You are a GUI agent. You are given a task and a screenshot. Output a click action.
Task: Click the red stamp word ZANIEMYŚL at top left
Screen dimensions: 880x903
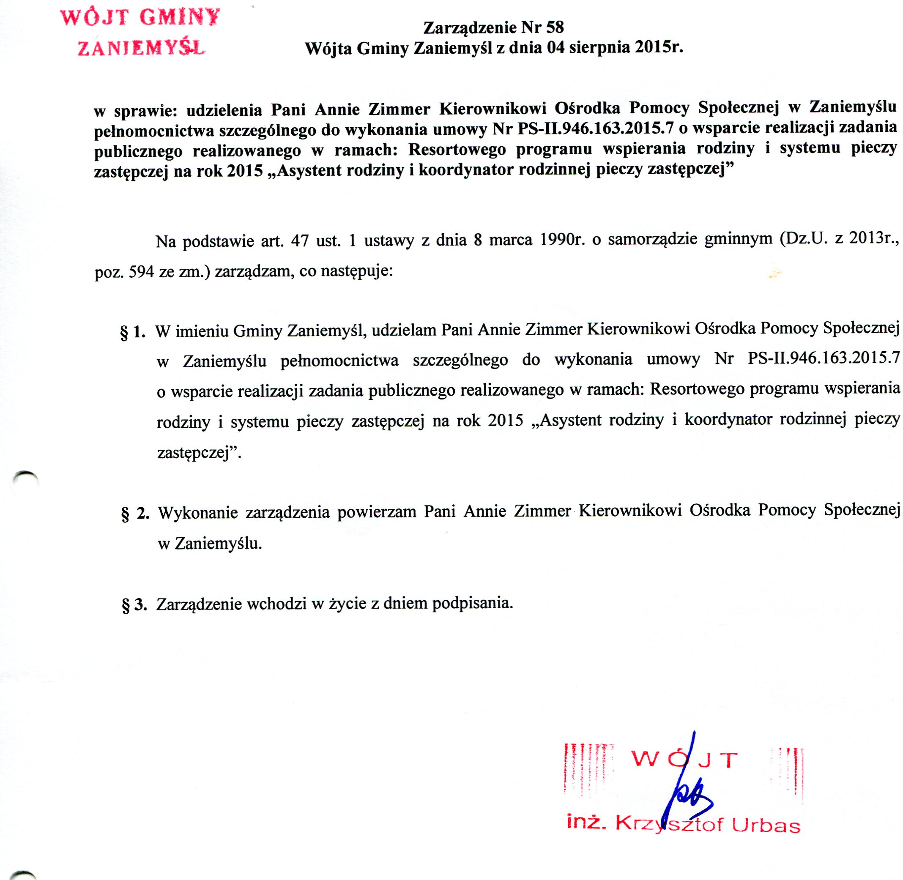pos(141,48)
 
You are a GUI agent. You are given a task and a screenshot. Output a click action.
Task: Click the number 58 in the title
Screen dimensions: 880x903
pos(555,27)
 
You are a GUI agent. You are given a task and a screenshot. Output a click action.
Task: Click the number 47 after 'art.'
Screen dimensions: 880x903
pos(300,241)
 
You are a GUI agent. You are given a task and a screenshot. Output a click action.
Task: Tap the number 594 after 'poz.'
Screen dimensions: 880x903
pos(141,272)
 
